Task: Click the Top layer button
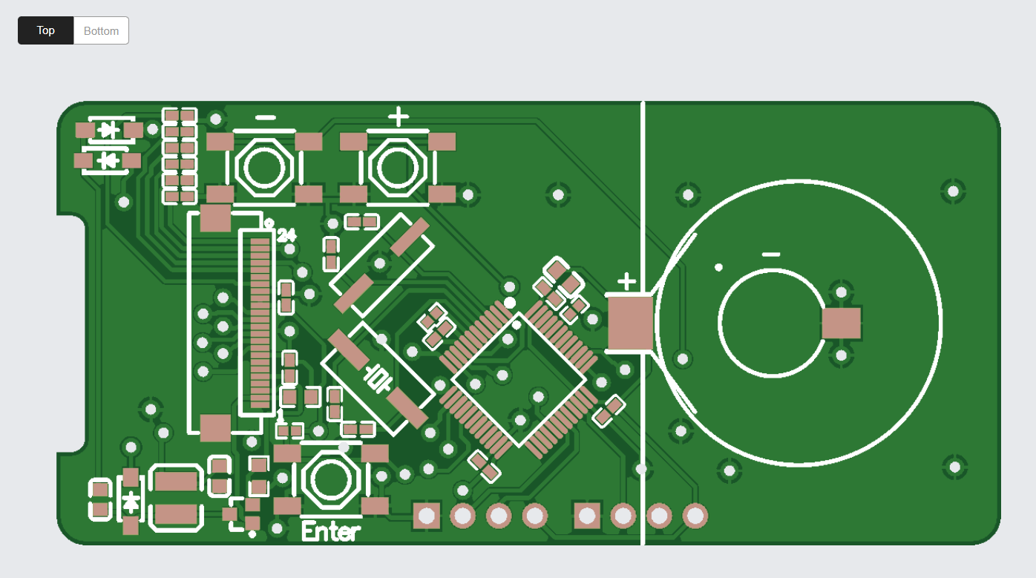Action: (46, 30)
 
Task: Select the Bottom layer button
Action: (101, 30)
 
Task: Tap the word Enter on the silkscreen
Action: (331, 531)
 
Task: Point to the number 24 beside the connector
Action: (286, 236)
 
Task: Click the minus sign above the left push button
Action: (265, 117)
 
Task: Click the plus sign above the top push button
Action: (399, 116)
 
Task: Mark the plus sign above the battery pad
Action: (627, 281)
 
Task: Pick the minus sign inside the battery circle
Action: (771, 254)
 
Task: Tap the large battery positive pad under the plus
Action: (630, 323)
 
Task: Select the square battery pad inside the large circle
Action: (841, 324)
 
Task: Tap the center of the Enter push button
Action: (331, 479)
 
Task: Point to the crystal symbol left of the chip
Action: (378, 378)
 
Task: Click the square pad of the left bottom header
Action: (427, 515)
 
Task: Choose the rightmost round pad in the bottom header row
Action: (695, 515)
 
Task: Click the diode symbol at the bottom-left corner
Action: (131, 502)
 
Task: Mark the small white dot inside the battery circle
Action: (718, 267)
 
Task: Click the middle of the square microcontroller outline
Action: (519, 379)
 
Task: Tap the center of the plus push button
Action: (398, 168)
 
